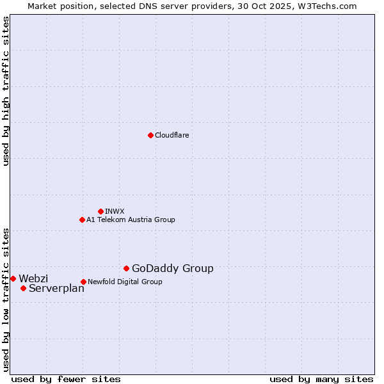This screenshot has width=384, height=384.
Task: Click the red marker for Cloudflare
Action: [150, 135]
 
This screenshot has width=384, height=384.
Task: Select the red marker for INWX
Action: [100, 211]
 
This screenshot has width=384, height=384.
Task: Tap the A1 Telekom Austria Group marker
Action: [82, 220]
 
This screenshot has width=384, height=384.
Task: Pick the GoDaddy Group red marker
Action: [126, 268]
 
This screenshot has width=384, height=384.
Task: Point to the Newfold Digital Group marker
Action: [83, 282]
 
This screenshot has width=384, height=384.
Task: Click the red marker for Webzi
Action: [13, 278]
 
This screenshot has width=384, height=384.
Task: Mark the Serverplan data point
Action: [23, 288]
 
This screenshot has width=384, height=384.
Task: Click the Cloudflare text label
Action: [172, 135]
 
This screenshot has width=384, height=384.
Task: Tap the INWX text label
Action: [115, 211]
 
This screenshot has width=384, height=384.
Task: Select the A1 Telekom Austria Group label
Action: [131, 220]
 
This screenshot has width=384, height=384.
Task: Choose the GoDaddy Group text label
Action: [173, 269]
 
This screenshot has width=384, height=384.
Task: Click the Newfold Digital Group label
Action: [125, 282]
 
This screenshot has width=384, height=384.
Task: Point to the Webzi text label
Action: [33, 278]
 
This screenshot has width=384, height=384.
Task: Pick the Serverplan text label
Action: [56, 289]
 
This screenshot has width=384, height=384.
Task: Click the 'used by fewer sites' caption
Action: [66, 379]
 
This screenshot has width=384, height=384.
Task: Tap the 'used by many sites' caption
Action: [321, 379]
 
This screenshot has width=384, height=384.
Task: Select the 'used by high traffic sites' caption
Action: [6, 91]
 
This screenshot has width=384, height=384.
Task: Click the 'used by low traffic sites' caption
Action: [6, 299]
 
